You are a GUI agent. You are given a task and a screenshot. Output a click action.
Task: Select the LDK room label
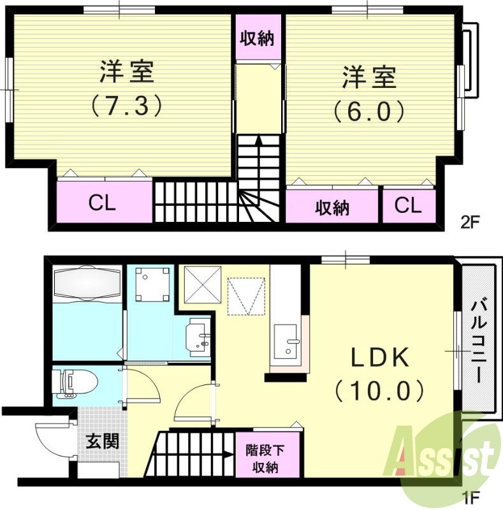(x=381, y=358)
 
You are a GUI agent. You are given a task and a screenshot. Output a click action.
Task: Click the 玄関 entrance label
(x=102, y=441)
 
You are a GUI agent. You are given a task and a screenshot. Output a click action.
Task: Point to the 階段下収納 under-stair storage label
(x=261, y=458)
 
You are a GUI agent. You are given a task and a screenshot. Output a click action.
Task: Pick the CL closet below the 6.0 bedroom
(x=408, y=205)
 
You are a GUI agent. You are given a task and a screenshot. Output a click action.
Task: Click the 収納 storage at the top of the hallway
(x=257, y=38)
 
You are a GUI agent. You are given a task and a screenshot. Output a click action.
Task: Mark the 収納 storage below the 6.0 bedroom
(x=333, y=207)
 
